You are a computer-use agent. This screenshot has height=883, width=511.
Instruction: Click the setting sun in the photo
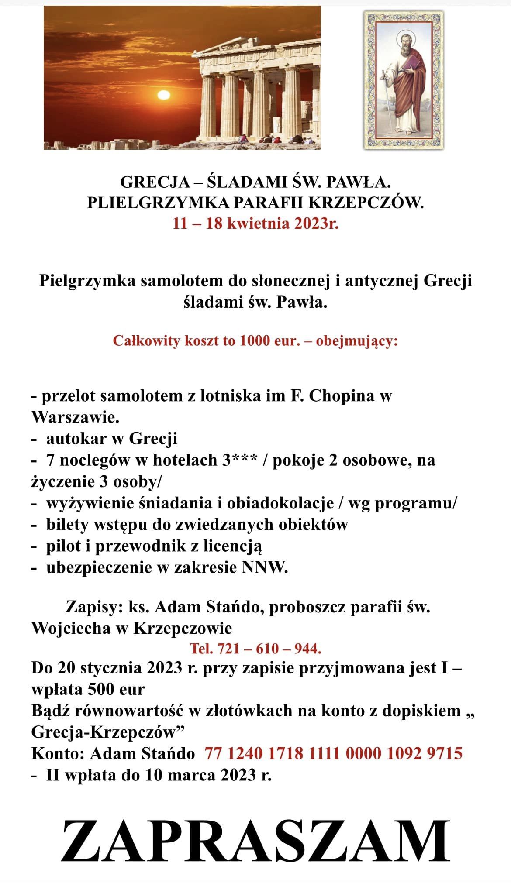point(163,95)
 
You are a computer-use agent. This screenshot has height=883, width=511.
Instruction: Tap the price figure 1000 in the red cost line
point(256,340)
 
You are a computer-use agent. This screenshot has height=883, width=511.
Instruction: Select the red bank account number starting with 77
point(333,753)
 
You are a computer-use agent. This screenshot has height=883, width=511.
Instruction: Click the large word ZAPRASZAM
point(255,840)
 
